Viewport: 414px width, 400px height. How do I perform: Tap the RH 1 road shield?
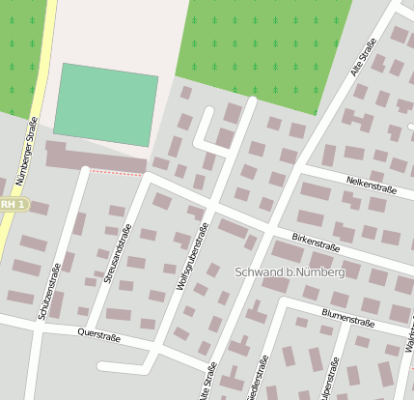[x=13, y=205]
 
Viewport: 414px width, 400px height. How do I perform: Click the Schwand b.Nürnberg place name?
[x=290, y=273]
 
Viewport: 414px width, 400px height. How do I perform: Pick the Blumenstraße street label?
[x=347, y=320]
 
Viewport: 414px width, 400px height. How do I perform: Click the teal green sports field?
[x=106, y=105]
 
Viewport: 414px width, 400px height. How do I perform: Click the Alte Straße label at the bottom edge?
[x=207, y=383]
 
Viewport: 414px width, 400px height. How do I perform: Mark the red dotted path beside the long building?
[x=116, y=173]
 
